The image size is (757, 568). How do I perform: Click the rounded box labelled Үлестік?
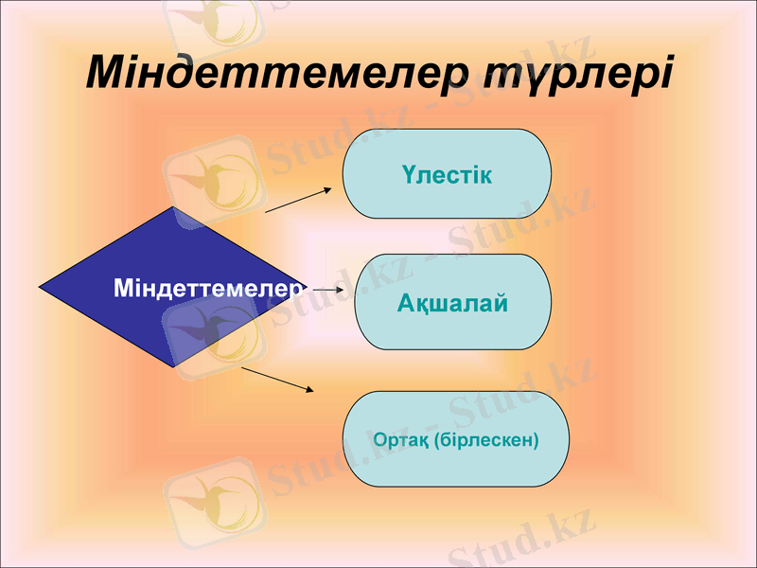(x=447, y=174)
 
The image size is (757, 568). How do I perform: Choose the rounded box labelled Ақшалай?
(x=453, y=303)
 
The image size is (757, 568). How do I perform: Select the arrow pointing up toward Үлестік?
(x=299, y=200)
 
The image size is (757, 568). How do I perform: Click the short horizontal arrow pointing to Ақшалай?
(x=326, y=289)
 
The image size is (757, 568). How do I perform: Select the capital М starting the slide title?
(x=108, y=72)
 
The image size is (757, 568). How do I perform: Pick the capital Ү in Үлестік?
(x=406, y=175)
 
